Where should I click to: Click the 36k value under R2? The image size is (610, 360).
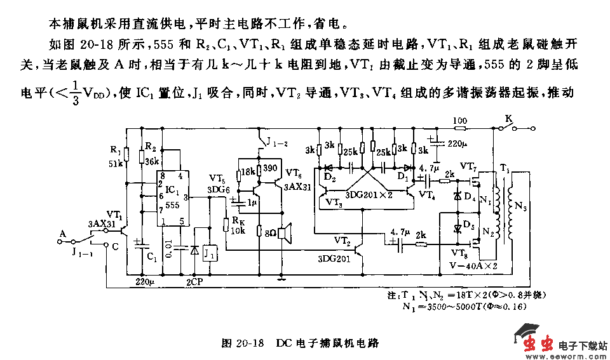point(151,161)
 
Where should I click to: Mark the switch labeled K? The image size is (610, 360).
point(508,119)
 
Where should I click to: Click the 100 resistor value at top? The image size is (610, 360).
point(460,120)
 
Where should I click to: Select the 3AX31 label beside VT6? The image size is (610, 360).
point(297,187)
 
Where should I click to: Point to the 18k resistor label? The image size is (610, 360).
point(248,171)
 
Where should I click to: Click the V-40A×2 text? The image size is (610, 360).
point(474,265)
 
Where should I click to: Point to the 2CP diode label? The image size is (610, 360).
point(195,280)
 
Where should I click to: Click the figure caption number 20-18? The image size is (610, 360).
point(249,342)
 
